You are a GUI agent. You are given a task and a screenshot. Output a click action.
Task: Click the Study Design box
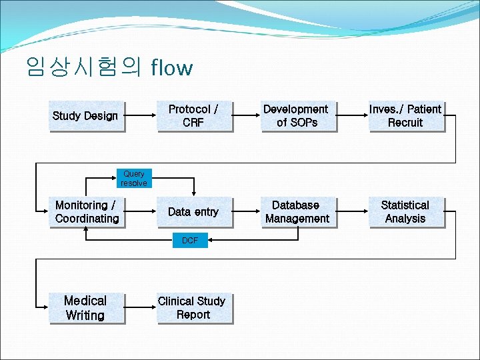click(86, 116)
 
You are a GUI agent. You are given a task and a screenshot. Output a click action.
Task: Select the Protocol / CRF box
click(193, 116)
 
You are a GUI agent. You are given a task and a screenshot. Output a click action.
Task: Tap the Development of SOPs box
click(297, 116)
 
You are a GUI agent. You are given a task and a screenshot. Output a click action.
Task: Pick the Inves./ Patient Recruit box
click(405, 116)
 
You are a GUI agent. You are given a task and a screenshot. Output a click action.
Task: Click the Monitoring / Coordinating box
click(86, 212)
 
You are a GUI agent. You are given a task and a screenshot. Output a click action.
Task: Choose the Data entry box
click(193, 212)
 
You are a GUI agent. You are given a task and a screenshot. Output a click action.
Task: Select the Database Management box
click(297, 212)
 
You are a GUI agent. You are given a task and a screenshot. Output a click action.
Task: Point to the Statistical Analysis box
click(405, 212)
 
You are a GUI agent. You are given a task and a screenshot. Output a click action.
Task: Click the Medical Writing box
click(86, 308)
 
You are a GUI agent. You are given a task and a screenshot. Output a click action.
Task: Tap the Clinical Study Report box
click(193, 308)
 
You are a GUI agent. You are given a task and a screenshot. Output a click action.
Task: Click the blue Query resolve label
click(134, 179)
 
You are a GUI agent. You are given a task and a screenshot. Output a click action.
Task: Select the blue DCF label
click(190, 240)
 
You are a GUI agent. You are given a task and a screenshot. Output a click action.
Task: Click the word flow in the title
click(172, 67)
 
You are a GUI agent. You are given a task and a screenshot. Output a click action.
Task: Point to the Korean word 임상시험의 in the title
click(84, 67)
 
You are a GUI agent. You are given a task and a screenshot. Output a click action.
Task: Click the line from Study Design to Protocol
click(140, 116)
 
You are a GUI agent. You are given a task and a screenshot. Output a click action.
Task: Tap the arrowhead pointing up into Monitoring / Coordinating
click(86, 231)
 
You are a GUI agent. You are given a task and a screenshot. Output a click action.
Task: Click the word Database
click(296, 205)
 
